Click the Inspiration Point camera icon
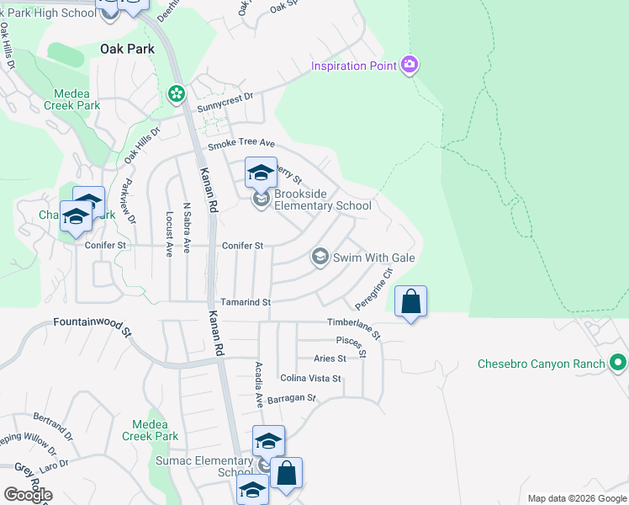(x=410, y=65)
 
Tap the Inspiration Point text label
(x=354, y=66)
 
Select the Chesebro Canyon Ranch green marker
(x=618, y=364)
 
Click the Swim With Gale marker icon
(x=320, y=257)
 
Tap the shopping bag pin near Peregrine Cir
(x=410, y=302)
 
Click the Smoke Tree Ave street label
(x=241, y=145)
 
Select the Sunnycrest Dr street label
(x=225, y=103)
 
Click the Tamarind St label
(x=245, y=301)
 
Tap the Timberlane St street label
(x=354, y=327)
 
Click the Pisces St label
(x=351, y=343)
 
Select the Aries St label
(x=330, y=359)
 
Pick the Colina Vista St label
(x=310, y=379)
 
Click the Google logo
(x=28, y=495)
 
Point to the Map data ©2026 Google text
(x=576, y=498)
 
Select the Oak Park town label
(x=127, y=49)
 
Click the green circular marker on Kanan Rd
(x=177, y=93)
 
